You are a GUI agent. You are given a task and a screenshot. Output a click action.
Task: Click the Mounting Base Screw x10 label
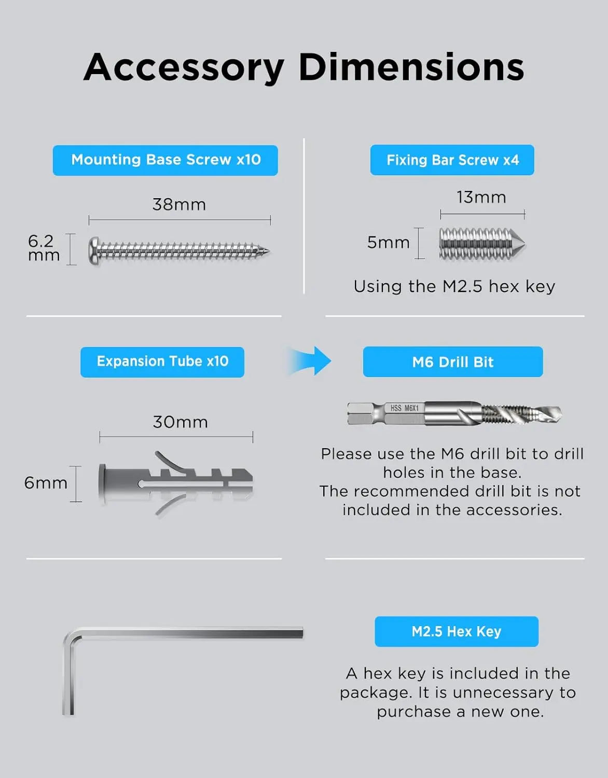[165, 160]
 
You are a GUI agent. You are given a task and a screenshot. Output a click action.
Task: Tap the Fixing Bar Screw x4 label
[452, 160]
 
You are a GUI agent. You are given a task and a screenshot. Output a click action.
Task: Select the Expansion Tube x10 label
[162, 362]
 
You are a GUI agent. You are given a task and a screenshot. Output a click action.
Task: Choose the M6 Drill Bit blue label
[452, 362]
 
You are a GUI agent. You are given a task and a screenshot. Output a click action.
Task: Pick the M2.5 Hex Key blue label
[457, 632]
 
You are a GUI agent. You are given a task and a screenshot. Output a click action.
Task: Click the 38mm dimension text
[179, 205]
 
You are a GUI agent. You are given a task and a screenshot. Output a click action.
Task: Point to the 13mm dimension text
[481, 198]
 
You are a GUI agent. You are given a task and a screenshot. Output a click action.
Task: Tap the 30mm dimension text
[180, 422]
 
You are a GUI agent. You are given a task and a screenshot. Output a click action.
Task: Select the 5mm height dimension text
[389, 242]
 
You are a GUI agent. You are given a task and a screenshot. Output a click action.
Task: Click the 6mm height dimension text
[46, 483]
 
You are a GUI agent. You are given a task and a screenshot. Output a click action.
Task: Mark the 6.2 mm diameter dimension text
[44, 248]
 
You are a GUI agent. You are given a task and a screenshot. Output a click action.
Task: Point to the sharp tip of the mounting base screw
[269, 251]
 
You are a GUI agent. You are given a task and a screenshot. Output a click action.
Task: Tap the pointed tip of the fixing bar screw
[524, 243]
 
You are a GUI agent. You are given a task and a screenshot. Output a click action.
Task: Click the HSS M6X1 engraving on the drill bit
[404, 408]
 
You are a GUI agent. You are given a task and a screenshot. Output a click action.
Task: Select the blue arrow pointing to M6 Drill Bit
[310, 361]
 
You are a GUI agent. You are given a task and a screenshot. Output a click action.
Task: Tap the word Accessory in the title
[184, 68]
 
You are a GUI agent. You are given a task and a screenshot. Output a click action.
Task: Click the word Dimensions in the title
[411, 67]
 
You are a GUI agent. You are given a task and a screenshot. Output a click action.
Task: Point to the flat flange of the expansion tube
[102, 484]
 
